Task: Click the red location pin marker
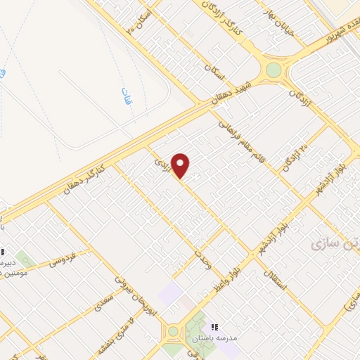181,165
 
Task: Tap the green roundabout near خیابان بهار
273,70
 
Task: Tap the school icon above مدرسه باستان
214,327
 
